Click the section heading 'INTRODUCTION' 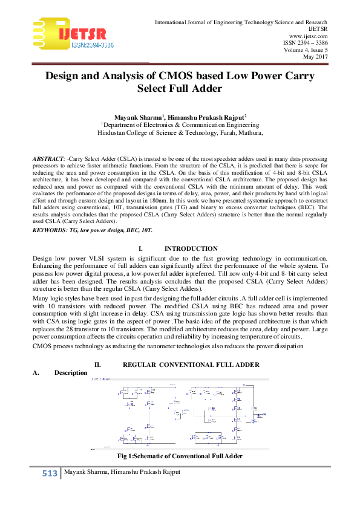coord(191,248)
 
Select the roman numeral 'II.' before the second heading coord(97,365)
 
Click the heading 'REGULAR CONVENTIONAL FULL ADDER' coord(191,365)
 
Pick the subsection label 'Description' coord(70,372)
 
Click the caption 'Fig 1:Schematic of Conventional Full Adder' coord(180,455)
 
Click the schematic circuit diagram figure coord(180,413)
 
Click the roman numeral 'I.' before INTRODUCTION coord(140,248)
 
